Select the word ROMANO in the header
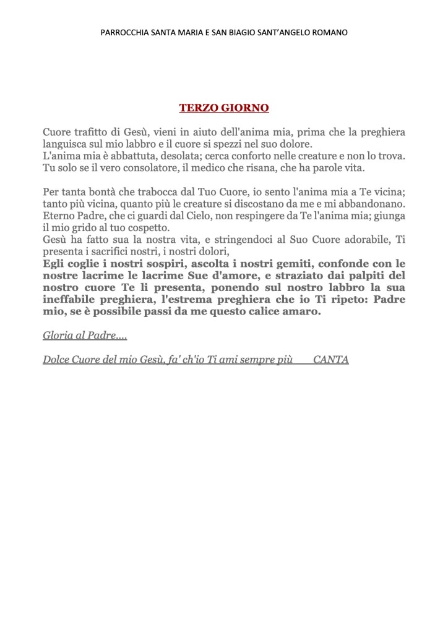pyautogui.click(x=329, y=32)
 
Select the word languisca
pyautogui.click(x=66, y=144)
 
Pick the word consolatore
pyautogui.click(x=144, y=167)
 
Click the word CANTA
pyautogui.click(x=331, y=359)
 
